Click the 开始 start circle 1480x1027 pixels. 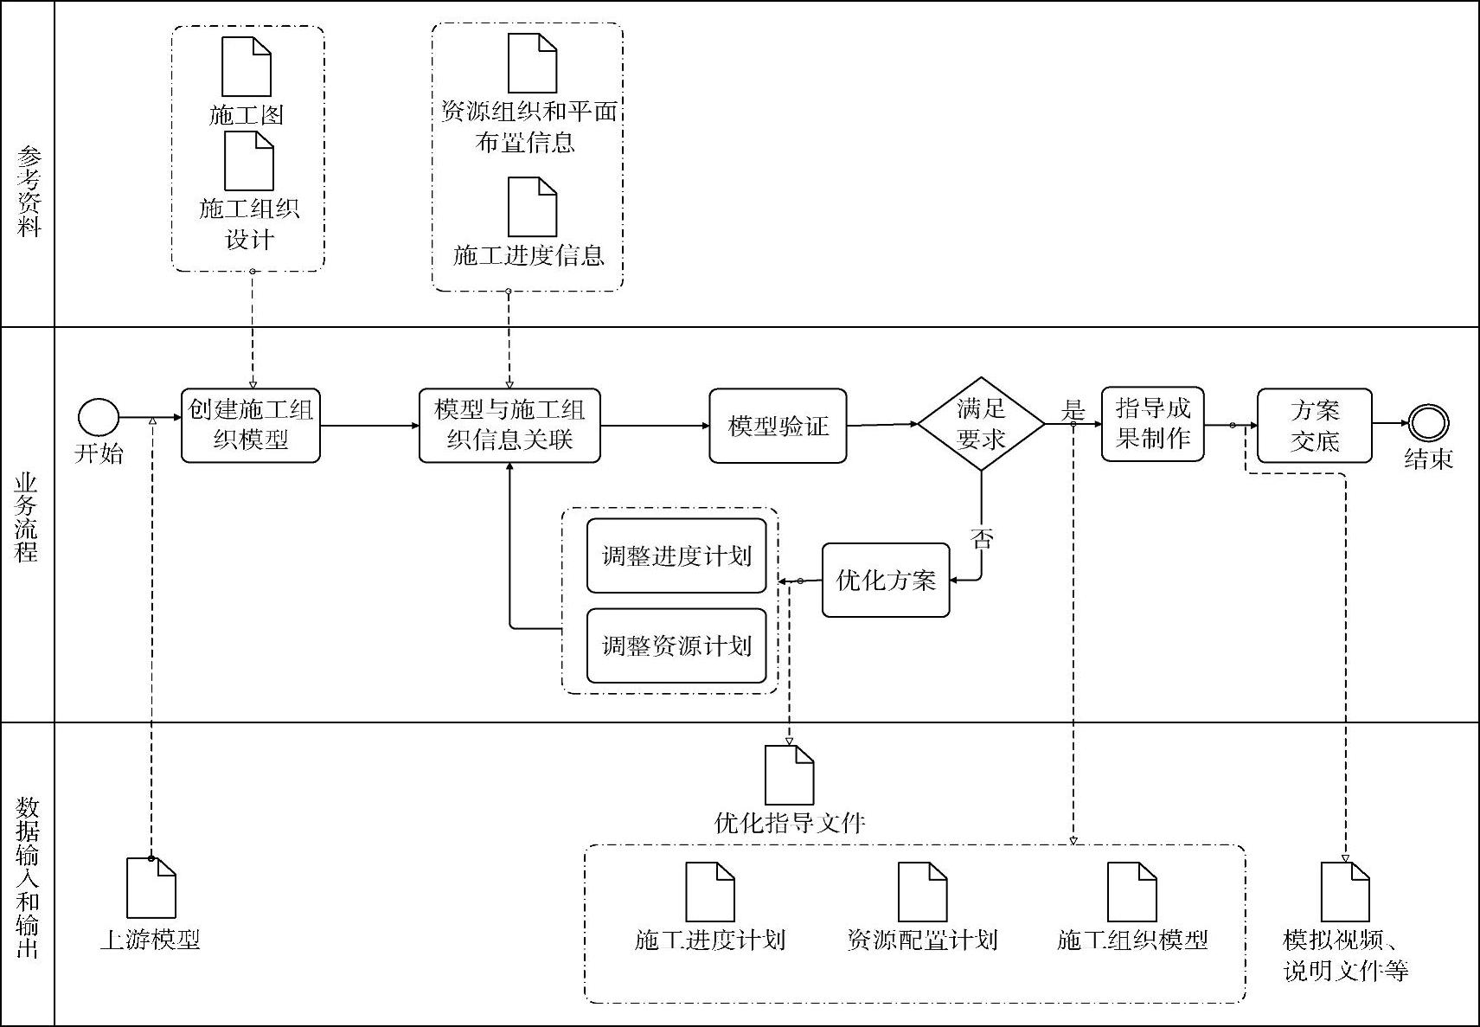[x=99, y=417]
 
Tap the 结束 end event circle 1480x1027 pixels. [x=1428, y=423]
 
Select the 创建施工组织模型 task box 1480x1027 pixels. [x=251, y=425]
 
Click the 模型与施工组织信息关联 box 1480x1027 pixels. [x=509, y=425]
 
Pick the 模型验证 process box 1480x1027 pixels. [x=778, y=426]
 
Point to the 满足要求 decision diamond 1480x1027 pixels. [x=981, y=424]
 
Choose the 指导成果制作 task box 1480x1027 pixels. [x=1152, y=424]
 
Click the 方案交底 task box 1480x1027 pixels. [x=1314, y=426]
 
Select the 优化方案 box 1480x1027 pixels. [x=886, y=580]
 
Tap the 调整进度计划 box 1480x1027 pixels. [x=676, y=555]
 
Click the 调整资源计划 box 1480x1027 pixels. [x=676, y=645]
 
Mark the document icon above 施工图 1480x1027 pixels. [x=247, y=67]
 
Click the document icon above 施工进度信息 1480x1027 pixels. [x=532, y=207]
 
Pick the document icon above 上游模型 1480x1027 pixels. [x=151, y=888]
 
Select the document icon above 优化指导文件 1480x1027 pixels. [x=789, y=775]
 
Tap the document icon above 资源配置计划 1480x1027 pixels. [x=922, y=891]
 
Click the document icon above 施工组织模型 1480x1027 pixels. [x=1132, y=891]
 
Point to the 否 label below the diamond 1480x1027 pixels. [x=982, y=539]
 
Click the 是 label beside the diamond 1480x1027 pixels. [x=1073, y=409]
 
